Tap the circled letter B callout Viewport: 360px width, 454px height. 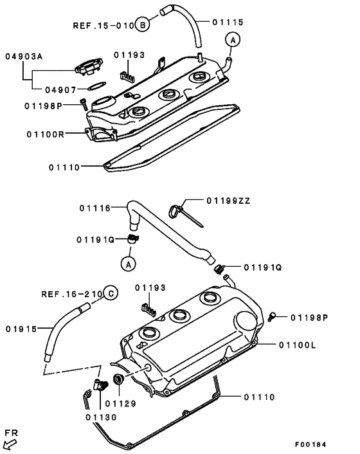pos(143,26)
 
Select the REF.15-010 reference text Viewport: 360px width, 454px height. pos(102,26)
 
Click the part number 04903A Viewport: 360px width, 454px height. pos(25,57)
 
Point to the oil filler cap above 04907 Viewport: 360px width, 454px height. pos(87,68)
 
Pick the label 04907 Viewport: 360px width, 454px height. pos(62,89)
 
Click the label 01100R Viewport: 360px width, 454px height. pos(44,134)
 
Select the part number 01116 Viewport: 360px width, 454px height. pos(95,208)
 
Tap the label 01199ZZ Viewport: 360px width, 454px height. pos(228,201)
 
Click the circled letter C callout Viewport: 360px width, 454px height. pos(111,294)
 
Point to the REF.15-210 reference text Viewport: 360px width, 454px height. pos(71,294)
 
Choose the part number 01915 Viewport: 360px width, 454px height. pos(22,329)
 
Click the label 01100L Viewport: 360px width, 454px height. pos(297,345)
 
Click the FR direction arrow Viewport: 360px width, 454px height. pos(10,442)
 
